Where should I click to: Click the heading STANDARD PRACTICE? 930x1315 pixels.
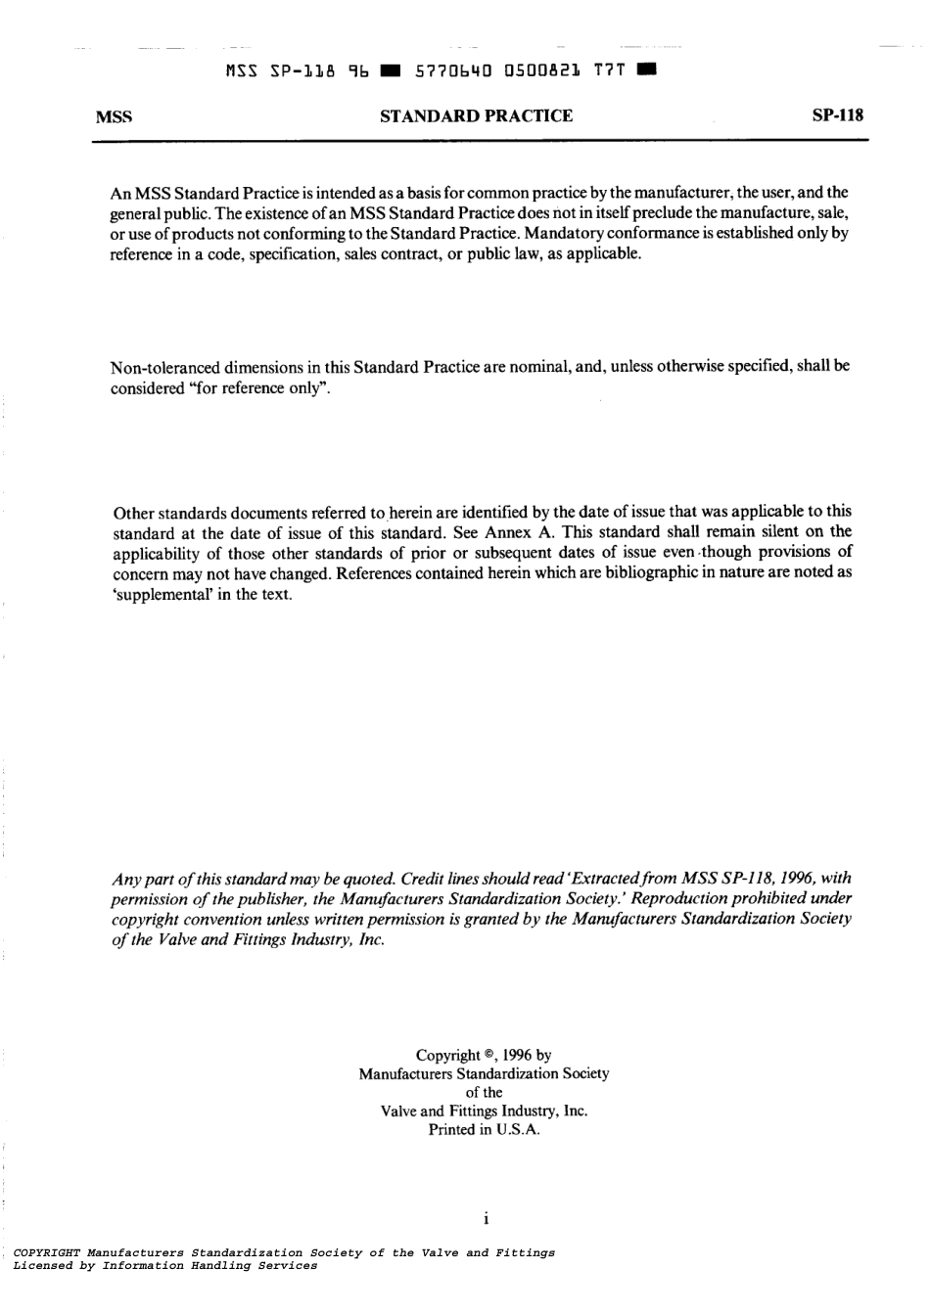[476, 116]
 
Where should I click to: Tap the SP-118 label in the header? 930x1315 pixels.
[838, 116]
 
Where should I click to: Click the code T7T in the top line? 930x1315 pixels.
[611, 70]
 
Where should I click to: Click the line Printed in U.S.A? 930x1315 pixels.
[484, 1129]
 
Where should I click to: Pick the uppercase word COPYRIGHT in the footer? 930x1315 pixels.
[47, 1252]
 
